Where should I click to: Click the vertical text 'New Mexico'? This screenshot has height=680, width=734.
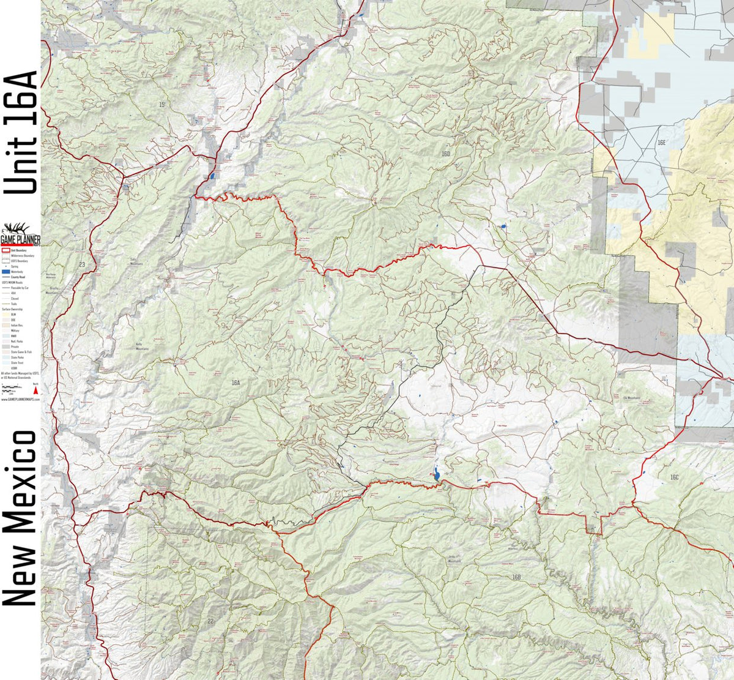(21, 518)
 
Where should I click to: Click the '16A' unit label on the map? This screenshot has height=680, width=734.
(236, 383)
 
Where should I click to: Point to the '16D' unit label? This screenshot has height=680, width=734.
(445, 154)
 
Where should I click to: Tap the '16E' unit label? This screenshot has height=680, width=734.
(661, 142)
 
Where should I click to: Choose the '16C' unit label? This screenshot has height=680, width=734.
(674, 477)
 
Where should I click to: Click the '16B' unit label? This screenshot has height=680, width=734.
(516, 577)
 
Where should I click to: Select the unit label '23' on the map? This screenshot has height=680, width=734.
(82, 264)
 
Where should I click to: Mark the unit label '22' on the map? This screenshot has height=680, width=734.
(211, 621)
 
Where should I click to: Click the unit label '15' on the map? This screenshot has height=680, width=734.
(161, 105)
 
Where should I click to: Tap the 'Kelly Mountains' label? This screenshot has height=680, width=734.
(143, 346)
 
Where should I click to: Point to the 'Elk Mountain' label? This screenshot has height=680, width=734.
(632, 398)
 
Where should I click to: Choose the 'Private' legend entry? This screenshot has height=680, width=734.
(15, 346)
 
